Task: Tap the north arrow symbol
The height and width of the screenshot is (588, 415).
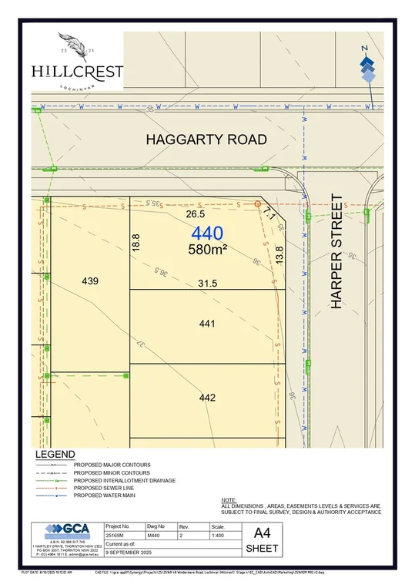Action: coord(368,66)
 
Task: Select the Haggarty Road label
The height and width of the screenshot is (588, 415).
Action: coord(207,139)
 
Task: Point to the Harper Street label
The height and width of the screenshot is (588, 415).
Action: coord(336,251)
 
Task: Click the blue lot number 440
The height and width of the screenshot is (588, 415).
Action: coord(207,234)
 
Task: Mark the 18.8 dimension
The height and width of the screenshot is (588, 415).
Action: coord(136,242)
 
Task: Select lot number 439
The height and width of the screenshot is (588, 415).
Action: coord(90,281)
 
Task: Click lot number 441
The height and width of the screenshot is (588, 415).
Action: coord(206,324)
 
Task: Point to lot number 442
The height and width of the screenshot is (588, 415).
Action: coord(206,398)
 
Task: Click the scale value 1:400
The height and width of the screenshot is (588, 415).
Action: coord(219,534)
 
